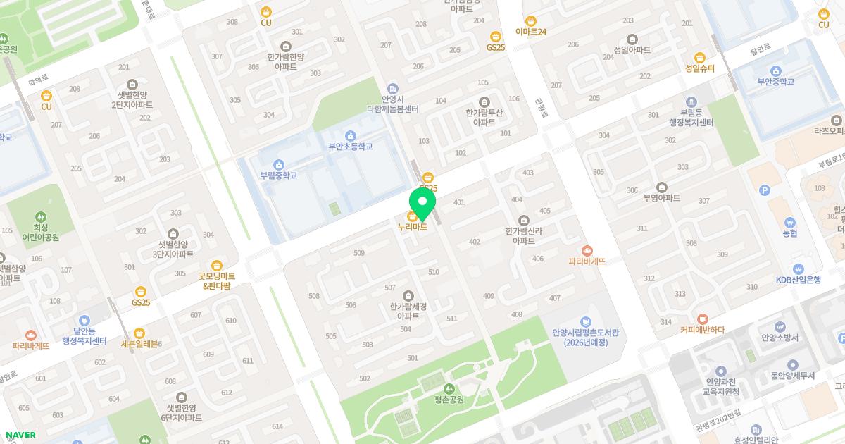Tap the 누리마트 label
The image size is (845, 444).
(413, 227)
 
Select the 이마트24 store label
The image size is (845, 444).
(531, 32)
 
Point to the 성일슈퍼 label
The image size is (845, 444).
(699, 68)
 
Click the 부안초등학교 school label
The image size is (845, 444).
(350, 147)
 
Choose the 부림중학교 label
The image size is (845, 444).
(279, 175)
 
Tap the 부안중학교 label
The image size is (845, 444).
(775, 81)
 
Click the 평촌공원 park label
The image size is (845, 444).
(449, 400)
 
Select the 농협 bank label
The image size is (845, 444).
(790, 233)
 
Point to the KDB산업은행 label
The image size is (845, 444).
(798, 278)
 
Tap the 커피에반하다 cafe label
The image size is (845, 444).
(702, 329)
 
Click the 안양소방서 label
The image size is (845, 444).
(780, 338)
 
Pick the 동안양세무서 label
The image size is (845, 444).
(792, 376)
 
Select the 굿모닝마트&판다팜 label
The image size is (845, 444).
(217, 281)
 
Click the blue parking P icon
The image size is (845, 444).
(765, 190)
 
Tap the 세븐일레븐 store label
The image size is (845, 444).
(142, 343)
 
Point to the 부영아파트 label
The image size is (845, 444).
(661, 198)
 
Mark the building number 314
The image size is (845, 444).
(665, 322)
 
